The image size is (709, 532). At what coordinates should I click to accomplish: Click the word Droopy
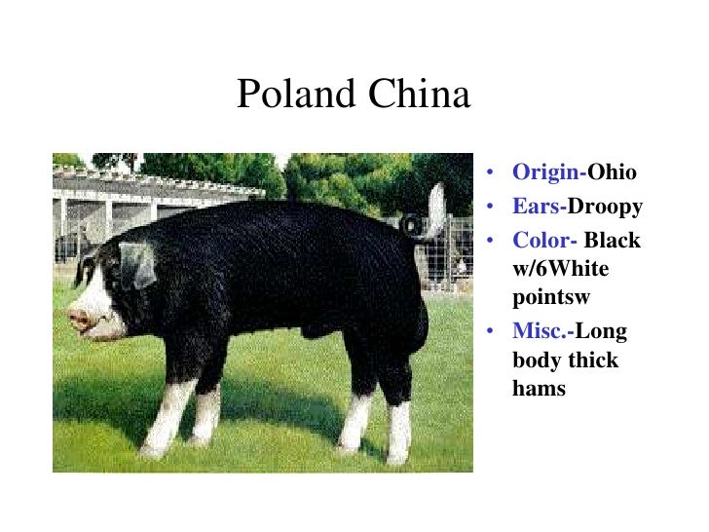point(606,207)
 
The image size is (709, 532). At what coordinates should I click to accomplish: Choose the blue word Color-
point(546,241)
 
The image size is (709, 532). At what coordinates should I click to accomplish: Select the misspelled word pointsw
point(552,296)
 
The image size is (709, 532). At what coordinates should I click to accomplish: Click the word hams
point(539,388)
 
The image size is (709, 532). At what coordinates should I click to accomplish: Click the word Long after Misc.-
point(602,331)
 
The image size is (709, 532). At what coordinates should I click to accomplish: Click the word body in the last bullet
point(538,360)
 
